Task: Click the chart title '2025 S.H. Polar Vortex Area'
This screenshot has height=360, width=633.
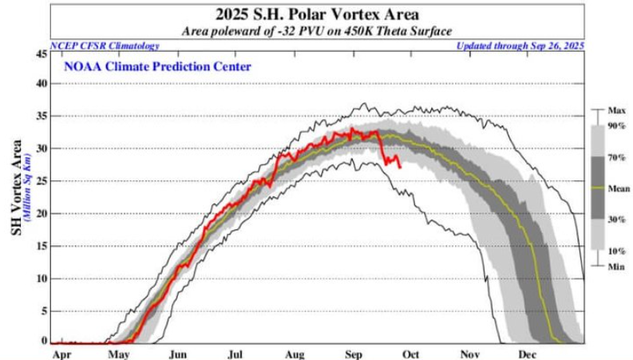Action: pyautogui.click(x=318, y=14)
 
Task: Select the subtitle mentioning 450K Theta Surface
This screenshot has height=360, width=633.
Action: pyautogui.click(x=318, y=30)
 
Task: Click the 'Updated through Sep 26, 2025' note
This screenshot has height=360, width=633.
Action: pyautogui.click(x=520, y=45)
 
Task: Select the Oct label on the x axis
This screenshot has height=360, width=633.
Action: pyautogui.click(x=413, y=352)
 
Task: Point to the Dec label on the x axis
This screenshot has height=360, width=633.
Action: pyautogui.click(x=526, y=352)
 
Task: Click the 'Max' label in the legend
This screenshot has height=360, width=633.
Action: pyautogui.click(x=615, y=109)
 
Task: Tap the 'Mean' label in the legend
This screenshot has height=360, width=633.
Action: pyautogui.click(x=618, y=188)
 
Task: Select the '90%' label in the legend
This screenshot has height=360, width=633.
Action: pyautogui.click(x=617, y=126)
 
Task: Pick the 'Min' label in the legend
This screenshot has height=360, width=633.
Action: pyautogui.click(x=615, y=265)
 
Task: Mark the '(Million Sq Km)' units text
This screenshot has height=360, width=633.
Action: pyautogui.click(x=26, y=196)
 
